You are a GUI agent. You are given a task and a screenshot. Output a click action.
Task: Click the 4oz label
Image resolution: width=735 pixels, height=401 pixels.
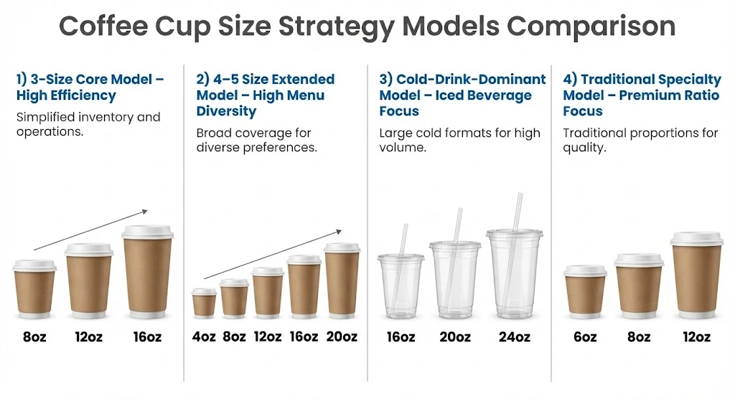tap(205, 336)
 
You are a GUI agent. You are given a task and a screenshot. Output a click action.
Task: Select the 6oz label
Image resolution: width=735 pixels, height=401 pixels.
tap(584, 336)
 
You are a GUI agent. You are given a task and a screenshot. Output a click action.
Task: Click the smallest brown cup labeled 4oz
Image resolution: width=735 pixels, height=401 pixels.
tap(205, 303)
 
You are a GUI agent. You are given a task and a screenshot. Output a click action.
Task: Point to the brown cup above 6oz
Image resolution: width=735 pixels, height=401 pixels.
tap(585, 293)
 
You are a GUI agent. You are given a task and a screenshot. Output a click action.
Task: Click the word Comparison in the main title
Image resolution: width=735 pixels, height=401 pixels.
tap(591, 27)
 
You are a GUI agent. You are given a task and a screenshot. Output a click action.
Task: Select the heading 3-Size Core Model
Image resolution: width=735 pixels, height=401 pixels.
tap(90, 87)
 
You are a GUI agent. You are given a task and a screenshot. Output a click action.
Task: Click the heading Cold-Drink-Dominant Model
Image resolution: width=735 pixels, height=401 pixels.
tap(462, 95)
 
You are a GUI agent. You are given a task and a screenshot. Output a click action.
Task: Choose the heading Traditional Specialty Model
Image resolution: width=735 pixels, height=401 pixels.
tap(641, 95)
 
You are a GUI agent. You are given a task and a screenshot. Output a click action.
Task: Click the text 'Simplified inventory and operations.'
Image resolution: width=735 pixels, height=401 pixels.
tap(88, 124)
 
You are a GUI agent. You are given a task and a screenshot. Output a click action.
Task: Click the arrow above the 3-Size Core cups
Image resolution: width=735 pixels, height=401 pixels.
tap(90, 230)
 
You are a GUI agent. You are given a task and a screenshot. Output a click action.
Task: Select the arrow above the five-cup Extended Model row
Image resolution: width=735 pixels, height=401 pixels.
tap(272, 254)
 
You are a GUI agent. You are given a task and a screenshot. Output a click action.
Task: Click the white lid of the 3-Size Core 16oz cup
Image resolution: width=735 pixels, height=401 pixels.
tap(147, 232)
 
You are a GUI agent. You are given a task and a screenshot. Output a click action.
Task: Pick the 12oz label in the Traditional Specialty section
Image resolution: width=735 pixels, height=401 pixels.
tap(696, 336)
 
